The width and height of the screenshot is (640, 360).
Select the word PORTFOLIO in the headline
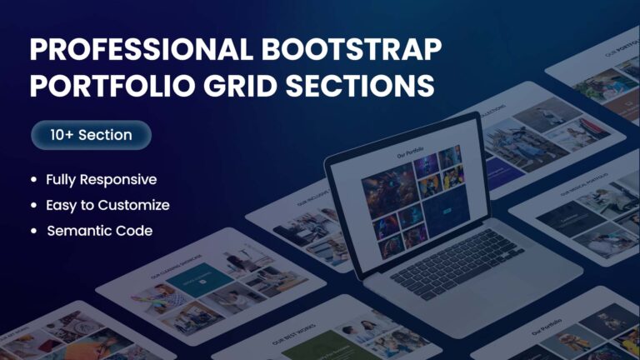(112, 87)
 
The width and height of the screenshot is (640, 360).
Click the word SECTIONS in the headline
(362, 87)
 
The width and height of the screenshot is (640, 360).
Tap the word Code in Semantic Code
(132, 231)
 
